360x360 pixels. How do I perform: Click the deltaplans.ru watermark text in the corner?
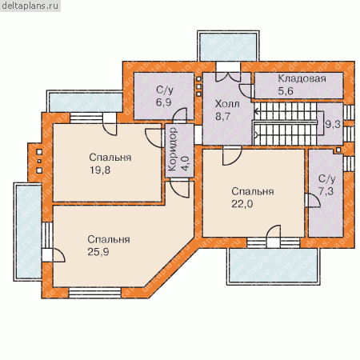point(30,6)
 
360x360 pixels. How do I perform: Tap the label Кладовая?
point(302,78)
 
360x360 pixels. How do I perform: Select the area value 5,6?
point(286,91)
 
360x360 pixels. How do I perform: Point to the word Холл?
point(227,103)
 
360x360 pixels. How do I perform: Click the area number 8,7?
point(223,116)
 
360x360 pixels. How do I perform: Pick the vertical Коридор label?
point(173,149)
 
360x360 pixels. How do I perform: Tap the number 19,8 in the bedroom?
point(100,170)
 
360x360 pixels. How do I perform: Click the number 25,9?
point(98,252)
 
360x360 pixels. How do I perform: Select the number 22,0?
point(242,204)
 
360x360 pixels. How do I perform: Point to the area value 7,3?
point(326,191)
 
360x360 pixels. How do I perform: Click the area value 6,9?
point(164,102)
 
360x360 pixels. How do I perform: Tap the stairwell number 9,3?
point(333,124)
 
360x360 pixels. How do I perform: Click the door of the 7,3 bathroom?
point(313,201)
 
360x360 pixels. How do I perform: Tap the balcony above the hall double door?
point(228,46)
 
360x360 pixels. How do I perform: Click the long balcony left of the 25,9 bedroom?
point(28,232)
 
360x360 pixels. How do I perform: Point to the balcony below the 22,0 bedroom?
point(273,266)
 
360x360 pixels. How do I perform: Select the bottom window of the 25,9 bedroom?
point(95,293)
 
